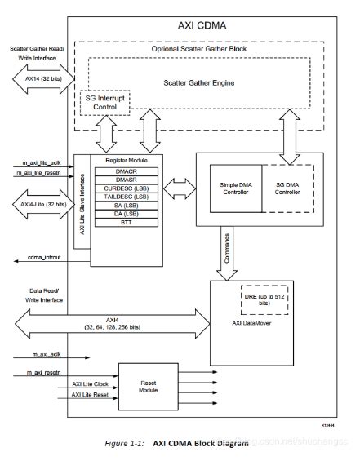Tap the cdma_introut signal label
coord(36,259)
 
